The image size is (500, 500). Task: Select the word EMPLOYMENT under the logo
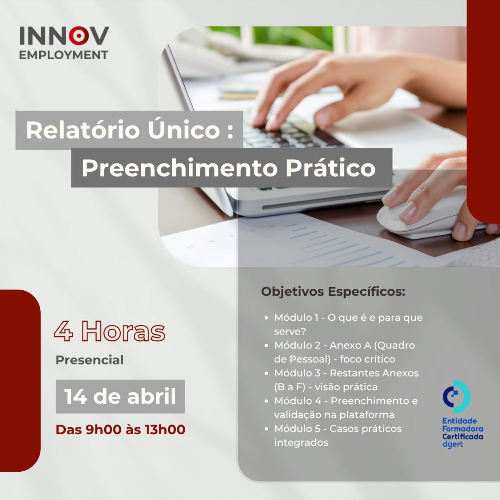point(64,55)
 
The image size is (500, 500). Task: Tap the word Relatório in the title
point(83,130)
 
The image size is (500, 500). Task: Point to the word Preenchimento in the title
point(180,168)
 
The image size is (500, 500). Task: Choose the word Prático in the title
point(331,167)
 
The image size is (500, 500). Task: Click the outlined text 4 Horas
point(109,331)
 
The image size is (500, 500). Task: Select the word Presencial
point(90,360)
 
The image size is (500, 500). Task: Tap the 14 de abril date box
point(120,396)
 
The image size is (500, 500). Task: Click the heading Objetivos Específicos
point(333,292)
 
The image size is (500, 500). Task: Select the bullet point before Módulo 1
point(267,318)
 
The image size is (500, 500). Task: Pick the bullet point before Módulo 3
point(267,373)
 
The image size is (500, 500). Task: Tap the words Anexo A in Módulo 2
point(350,345)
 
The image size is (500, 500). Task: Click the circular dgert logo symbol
point(456,397)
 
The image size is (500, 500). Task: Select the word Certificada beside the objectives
point(462,437)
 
